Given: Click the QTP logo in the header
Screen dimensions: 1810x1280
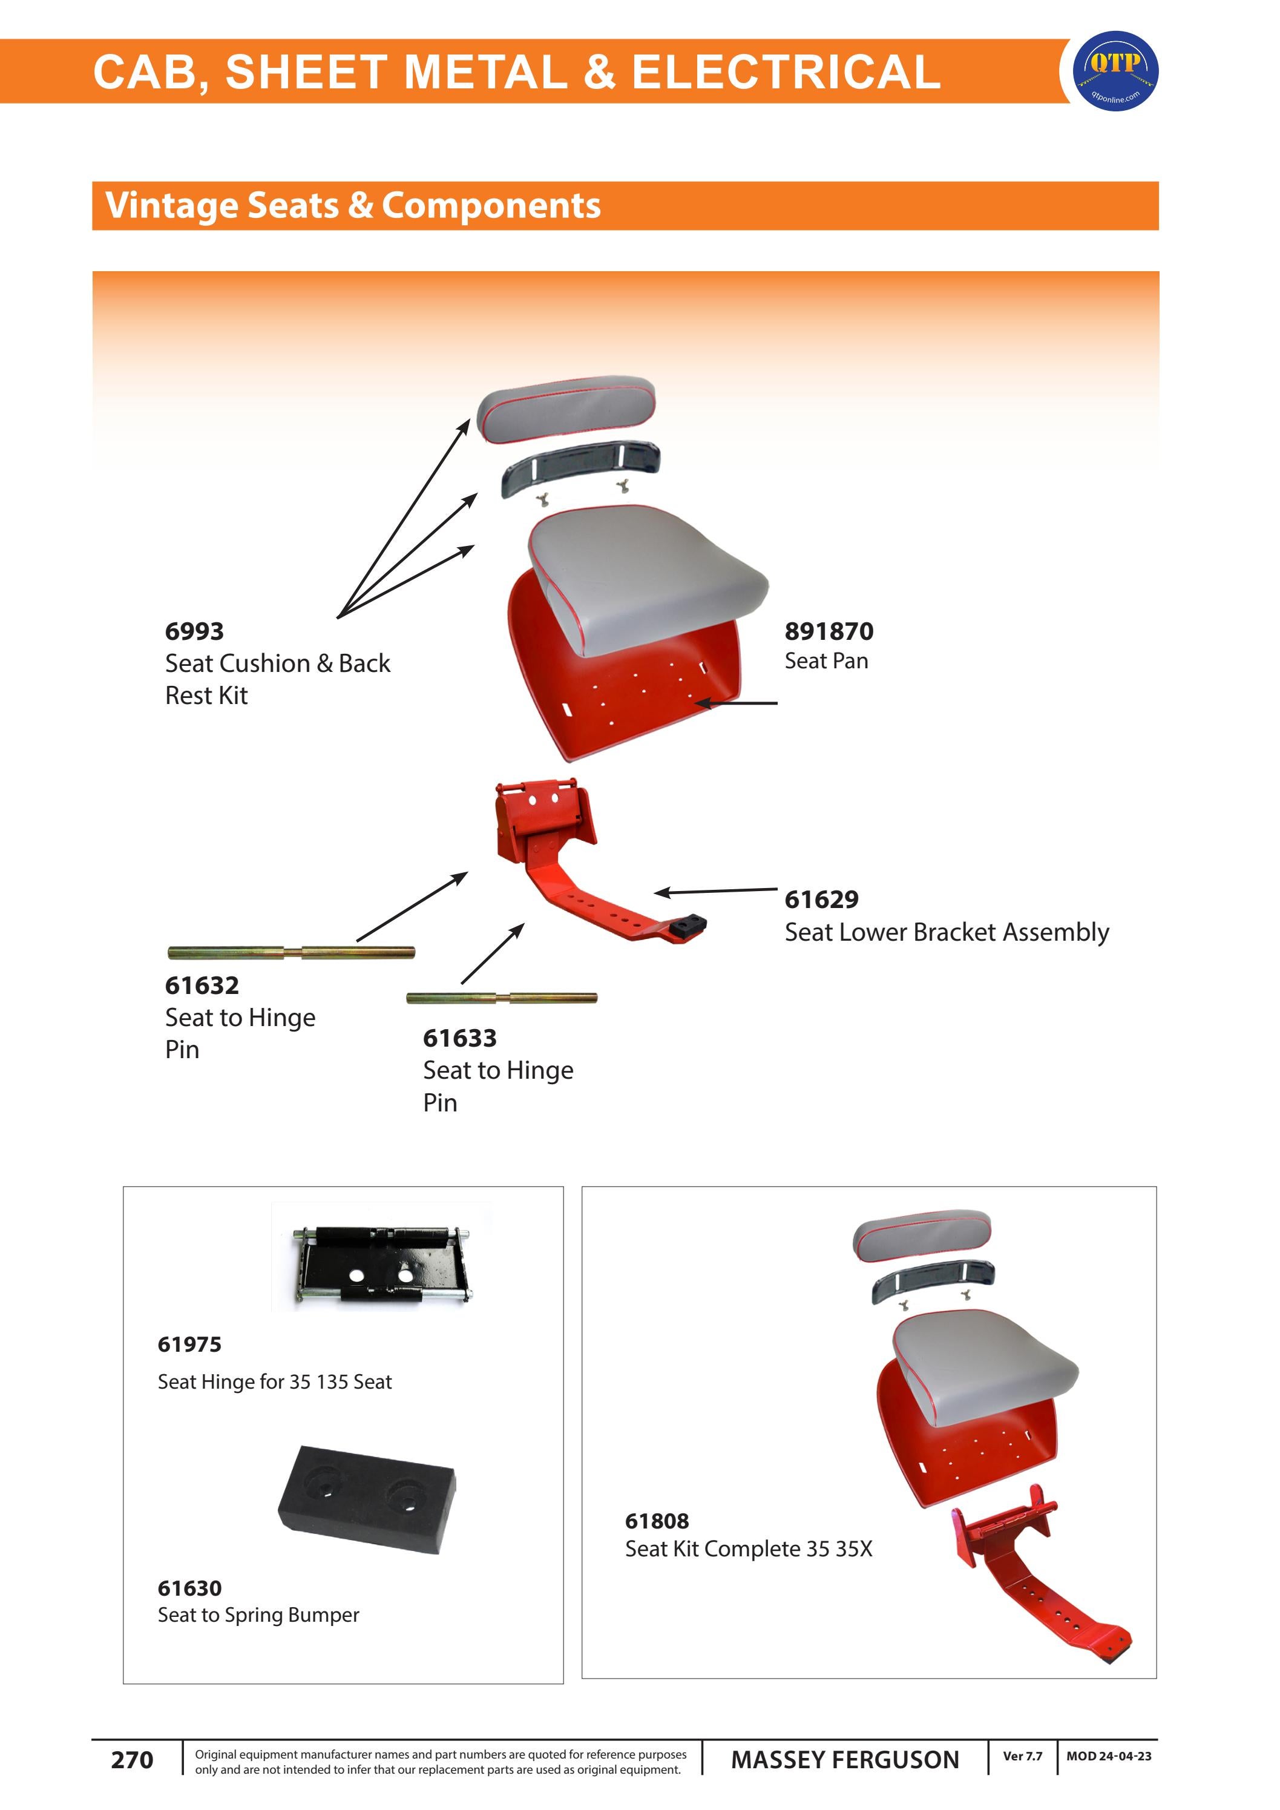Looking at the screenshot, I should [1115, 71].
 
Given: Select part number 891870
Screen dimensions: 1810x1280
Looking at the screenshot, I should [829, 631].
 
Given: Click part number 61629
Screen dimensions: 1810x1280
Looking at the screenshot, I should [821, 900].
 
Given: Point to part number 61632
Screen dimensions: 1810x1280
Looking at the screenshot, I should [202, 986].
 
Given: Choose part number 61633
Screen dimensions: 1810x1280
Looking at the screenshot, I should [459, 1038].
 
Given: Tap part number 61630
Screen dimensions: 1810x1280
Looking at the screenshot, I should [189, 1588].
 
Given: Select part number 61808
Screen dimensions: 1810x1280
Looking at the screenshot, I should [657, 1521].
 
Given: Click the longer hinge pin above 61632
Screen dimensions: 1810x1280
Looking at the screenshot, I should [291, 952].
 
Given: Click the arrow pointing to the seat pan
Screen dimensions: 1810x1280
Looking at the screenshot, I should [737, 702].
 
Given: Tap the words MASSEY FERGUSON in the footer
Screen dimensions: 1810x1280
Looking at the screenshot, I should [845, 1760].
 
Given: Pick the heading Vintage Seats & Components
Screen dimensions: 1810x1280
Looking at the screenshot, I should [353, 206].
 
